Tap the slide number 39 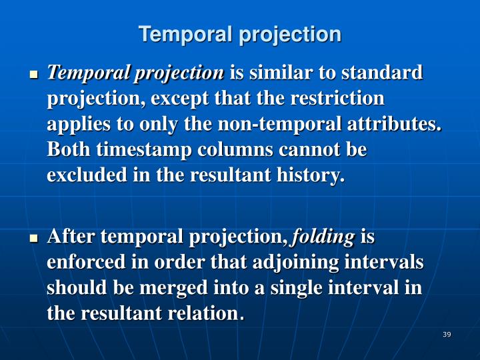[447, 334]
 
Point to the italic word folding [323, 237]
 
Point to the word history [313, 177]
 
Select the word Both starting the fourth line [69, 151]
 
